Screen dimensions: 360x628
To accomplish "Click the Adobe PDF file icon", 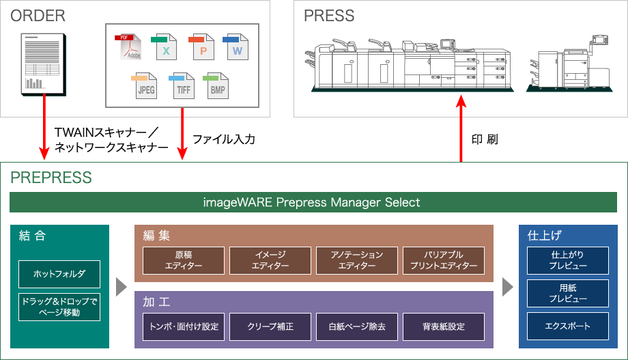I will tap(128, 47).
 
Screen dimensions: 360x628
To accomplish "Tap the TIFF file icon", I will tap(182, 86).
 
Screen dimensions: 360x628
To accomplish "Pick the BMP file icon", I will tap(217, 86).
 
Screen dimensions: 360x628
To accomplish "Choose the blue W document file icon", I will tap(236, 47).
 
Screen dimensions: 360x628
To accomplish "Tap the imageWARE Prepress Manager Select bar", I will tap(313, 203).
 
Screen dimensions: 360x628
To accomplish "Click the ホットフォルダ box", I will tap(60, 274).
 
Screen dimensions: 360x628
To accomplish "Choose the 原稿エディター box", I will tap(184, 260).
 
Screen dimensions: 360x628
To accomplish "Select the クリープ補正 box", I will tap(270, 327).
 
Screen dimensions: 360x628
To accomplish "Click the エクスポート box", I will tap(567, 326).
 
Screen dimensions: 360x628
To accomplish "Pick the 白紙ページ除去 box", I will tap(357, 327).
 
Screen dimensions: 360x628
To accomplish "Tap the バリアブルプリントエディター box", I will tap(444, 260).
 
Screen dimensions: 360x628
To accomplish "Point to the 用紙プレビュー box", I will tap(567, 293).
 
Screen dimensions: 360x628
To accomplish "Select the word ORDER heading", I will tap(37, 16).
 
